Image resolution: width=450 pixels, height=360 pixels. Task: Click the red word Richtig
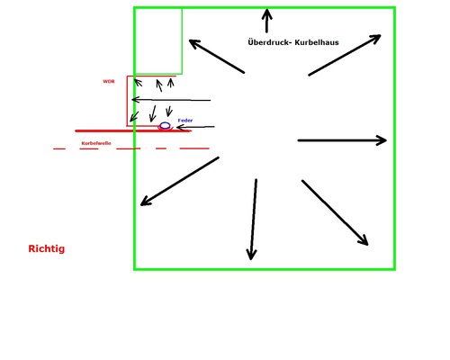(x=47, y=248)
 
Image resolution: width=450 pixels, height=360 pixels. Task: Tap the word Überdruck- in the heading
(x=270, y=42)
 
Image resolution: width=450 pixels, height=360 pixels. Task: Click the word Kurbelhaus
(x=317, y=42)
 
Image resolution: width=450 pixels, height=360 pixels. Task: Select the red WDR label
(x=109, y=81)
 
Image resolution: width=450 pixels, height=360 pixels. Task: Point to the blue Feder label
(x=185, y=121)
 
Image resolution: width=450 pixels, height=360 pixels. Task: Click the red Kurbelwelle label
(x=96, y=143)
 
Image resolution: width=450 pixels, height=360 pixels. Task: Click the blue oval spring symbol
(x=165, y=125)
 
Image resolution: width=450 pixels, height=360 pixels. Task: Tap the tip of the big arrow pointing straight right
(x=386, y=140)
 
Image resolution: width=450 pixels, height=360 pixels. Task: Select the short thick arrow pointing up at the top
(x=266, y=21)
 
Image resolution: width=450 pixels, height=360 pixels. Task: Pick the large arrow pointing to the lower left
(x=180, y=181)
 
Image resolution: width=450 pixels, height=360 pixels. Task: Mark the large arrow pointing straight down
(x=253, y=220)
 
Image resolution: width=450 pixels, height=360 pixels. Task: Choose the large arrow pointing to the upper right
(x=345, y=55)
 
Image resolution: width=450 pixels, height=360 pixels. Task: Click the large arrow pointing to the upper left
(x=217, y=57)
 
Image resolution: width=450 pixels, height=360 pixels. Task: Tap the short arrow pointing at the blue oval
(x=195, y=127)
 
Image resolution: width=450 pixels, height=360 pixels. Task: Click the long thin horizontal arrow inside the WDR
(x=171, y=100)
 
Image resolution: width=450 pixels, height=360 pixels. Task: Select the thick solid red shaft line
(x=133, y=130)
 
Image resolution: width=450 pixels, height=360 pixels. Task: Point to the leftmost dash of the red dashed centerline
(x=59, y=148)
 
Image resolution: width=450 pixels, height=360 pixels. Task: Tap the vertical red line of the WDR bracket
(x=127, y=101)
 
